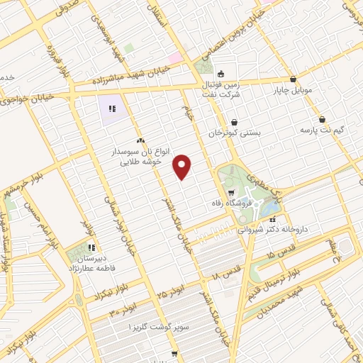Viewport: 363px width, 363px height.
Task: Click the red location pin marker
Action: pos(183,167)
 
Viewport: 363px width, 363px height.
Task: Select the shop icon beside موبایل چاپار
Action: pos(293,79)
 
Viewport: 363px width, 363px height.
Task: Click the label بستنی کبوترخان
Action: pos(235,133)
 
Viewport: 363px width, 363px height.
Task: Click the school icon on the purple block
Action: pos(111,109)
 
